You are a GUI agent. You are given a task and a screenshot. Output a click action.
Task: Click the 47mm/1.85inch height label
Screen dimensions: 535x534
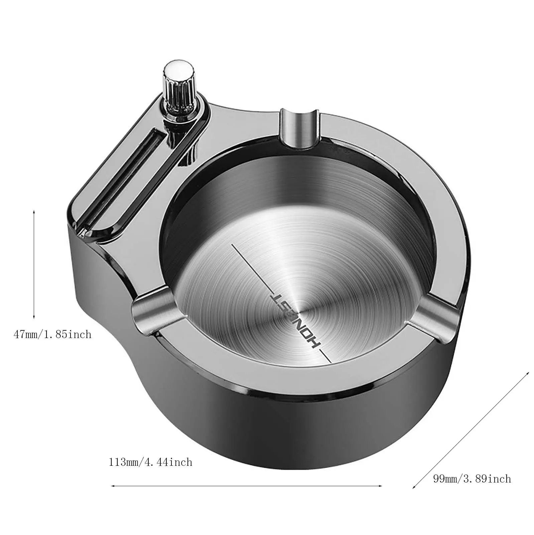tap(52, 334)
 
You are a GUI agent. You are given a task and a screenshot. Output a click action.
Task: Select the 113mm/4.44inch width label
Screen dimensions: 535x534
tap(150, 462)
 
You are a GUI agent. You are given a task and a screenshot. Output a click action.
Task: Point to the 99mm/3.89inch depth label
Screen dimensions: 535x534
tap(472, 479)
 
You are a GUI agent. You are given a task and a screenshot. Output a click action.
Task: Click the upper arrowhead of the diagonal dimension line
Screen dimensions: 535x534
tap(528, 372)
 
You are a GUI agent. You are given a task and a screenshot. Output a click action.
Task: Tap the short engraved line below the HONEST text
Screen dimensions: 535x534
tap(325, 356)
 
